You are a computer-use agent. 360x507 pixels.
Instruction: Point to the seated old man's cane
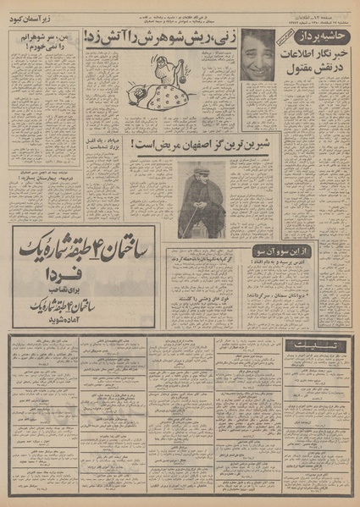coord(191,218)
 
